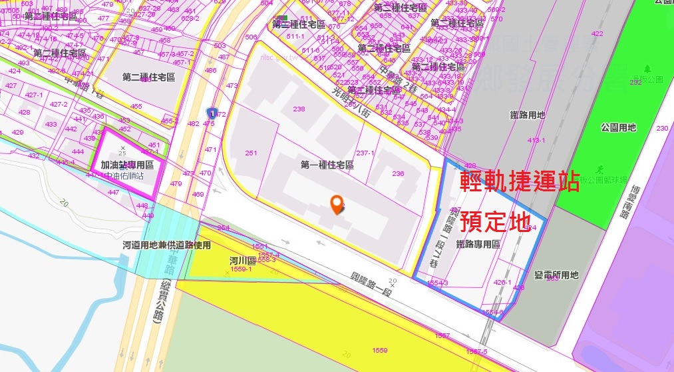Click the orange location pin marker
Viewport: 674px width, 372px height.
(338, 205)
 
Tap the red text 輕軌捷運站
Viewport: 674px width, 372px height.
(520, 181)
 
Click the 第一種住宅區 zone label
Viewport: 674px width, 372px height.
(327, 165)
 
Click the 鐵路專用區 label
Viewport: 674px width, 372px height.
(478, 245)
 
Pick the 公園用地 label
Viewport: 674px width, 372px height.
(617, 127)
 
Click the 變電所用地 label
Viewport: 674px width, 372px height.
(556, 275)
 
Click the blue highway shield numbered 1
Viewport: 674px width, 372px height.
(212, 112)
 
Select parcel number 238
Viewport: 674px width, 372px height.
(299, 109)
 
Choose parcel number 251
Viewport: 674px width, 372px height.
(251, 153)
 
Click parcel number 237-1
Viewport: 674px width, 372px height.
(365, 153)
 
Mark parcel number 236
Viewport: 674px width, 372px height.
(398, 173)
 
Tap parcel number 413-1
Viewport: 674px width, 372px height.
(536, 141)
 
